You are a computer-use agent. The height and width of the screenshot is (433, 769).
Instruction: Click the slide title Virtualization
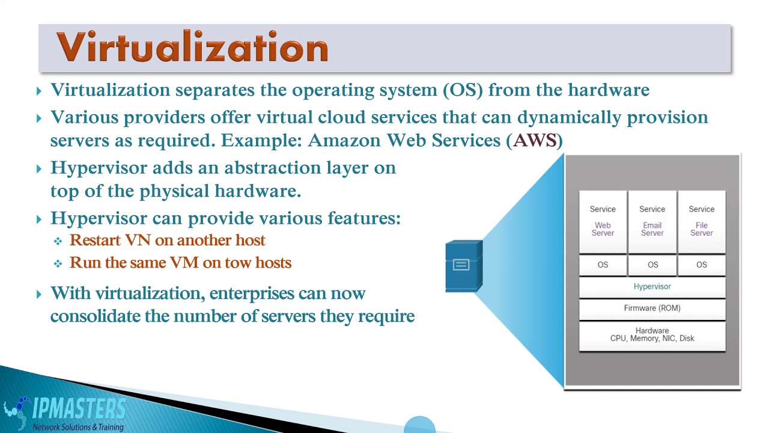tap(192, 47)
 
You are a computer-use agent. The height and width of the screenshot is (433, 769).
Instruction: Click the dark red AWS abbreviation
tap(535, 141)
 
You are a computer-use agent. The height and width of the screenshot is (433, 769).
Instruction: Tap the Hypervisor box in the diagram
tap(652, 287)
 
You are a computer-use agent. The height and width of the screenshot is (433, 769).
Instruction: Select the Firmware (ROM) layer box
tap(652, 308)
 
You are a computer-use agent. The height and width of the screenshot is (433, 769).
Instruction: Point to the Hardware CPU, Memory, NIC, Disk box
tap(652, 335)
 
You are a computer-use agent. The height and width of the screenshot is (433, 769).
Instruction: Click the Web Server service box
tap(603, 221)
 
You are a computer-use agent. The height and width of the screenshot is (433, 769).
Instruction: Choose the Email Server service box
tap(652, 221)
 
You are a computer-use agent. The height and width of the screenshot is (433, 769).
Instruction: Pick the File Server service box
tap(701, 221)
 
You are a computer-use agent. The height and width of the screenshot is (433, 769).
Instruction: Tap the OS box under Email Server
tap(652, 265)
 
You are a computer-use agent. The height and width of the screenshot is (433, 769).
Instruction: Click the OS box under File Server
tap(701, 265)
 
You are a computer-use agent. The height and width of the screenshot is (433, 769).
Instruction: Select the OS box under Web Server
tap(603, 265)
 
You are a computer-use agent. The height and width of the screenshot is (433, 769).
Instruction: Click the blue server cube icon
tap(463, 266)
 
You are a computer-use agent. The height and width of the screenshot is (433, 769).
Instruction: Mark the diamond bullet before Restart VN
tap(58, 241)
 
